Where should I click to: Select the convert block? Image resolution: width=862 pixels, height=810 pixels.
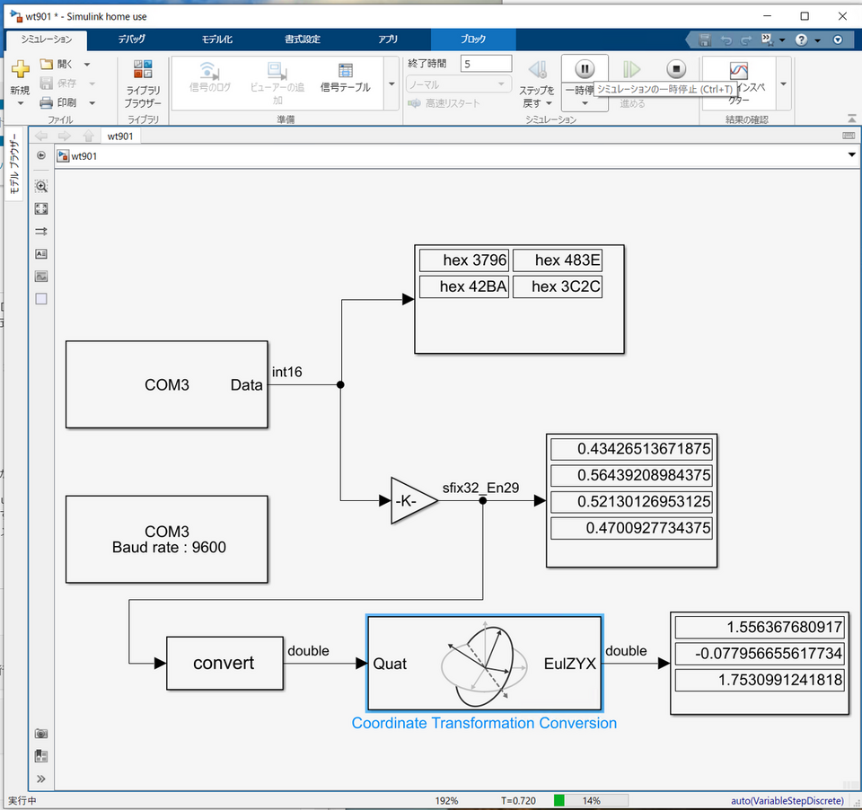(x=224, y=664)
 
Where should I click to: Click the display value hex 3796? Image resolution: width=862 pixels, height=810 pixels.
(x=464, y=260)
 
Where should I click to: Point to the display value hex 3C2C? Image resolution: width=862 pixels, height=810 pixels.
(x=557, y=286)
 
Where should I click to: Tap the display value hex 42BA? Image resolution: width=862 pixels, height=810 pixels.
(x=464, y=286)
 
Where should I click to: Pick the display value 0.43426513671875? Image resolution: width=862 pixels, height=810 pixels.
(x=631, y=448)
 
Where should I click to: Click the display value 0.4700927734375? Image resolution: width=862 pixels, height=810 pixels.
(x=631, y=528)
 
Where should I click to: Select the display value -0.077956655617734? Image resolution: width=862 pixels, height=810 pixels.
(x=760, y=654)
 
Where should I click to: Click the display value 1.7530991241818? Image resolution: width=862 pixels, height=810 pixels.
(x=760, y=680)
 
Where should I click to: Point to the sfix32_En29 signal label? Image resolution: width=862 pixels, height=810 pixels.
(x=480, y=488)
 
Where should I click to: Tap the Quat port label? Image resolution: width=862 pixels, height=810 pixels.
(x=390, y=665)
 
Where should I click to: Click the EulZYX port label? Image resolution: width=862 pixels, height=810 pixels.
(x=570, y=665)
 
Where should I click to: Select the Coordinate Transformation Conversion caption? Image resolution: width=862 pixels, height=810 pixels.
(x=484, y=723)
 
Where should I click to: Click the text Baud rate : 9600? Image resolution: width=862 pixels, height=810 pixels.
(x=169, y=547)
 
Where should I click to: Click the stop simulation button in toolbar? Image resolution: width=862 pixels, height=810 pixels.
(x=676, y=69)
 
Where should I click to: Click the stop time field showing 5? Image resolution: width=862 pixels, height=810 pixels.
(x=486, y=64)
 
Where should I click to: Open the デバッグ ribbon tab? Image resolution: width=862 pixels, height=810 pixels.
(x=131, y=40)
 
